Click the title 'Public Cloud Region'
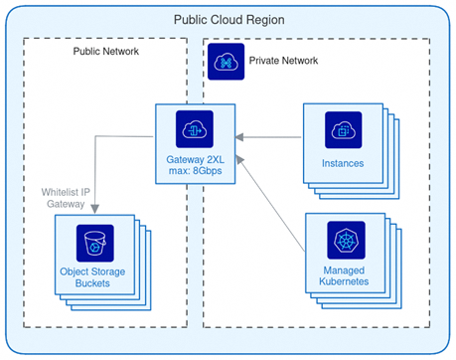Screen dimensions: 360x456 pos(228,20)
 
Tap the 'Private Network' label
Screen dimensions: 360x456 pos(283,61)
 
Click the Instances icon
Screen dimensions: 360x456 pos(343,129)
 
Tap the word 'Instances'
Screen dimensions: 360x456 pos(343,162)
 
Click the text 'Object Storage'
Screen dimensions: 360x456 pos(96,271)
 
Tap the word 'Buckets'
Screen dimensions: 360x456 pos(96,284)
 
